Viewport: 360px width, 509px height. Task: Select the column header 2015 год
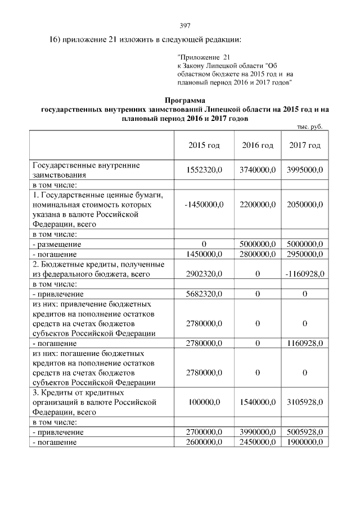coord(204,145)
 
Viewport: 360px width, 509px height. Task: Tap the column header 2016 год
coord(258,145)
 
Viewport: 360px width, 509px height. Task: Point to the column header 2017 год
coord(305,145)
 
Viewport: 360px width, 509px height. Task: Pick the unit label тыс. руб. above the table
coord(308,127)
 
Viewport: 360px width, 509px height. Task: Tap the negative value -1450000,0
coord(204,204)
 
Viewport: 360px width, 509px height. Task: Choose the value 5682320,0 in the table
coord(204,294)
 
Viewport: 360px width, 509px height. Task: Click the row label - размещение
coord(57,245)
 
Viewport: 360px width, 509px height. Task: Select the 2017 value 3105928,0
coord(305,403)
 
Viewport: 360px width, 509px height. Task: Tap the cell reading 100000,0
coord(204,403)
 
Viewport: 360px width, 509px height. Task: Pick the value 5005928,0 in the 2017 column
coord(305,432)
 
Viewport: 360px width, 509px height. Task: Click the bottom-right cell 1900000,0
coord(305,442)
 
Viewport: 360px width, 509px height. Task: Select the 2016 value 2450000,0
coord(258,442)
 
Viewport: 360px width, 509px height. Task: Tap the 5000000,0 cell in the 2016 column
coord(258,245)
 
